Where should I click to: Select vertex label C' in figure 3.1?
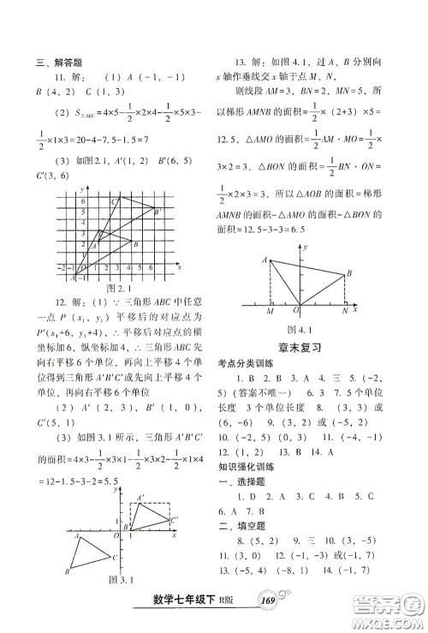click(x=175, y=519)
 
